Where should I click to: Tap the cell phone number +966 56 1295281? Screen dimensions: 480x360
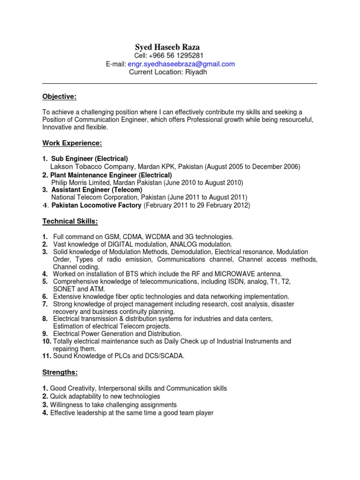[177, 56]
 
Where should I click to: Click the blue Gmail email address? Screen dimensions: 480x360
[190, 64]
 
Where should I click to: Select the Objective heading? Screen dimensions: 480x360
[59, 97]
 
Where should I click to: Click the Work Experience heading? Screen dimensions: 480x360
[72, 142]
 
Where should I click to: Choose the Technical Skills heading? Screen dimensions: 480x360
[70, 221]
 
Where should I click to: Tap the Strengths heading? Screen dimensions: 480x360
[60, 373]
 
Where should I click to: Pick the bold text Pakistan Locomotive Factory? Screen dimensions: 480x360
[97, 205]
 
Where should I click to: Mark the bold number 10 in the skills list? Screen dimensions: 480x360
[46, 341]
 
